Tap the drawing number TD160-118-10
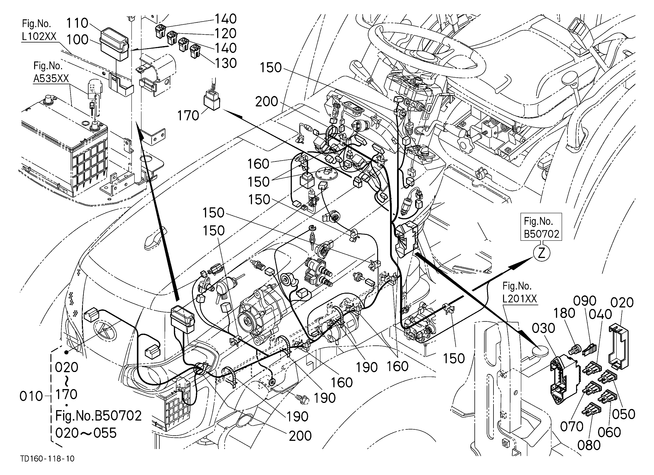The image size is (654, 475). (47, 458)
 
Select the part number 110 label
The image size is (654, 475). (77, 23)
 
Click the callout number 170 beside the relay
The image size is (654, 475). (188, 116)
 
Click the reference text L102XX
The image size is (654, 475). (39, 36)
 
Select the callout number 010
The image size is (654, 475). (31, 396)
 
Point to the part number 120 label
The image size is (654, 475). (226, 33)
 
